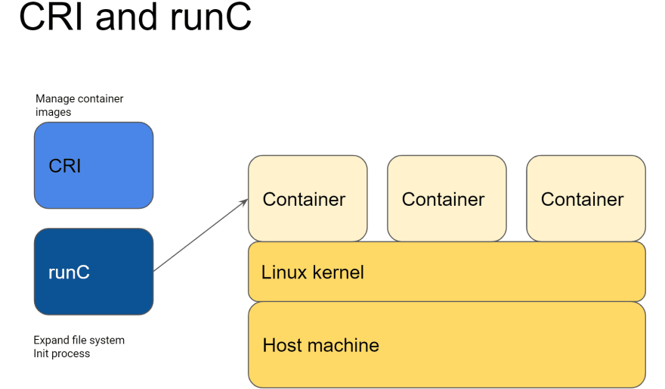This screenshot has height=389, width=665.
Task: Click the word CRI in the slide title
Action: tap(51, 16)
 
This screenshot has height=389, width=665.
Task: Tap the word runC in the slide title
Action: tap(211, 17)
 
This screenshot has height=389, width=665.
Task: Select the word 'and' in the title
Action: tap(126, 16)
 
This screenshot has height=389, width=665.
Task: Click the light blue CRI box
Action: tap(94, 165)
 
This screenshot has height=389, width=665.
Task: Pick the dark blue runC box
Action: tap(94, 272)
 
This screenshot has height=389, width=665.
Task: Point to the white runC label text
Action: tap(69, 272)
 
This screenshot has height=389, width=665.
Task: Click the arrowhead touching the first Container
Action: tap(245, 202)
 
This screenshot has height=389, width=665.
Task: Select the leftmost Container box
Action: tap(308, 198)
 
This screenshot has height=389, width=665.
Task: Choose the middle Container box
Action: tap(447, 198)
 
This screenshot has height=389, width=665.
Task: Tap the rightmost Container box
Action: tap(586, 198)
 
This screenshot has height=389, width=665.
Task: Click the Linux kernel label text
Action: tap(313, 272)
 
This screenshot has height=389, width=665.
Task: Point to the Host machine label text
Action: tap(320, 345)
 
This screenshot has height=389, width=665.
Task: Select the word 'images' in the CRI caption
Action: tap(53, 112)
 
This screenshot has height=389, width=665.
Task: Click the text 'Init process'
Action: tap(62, 353)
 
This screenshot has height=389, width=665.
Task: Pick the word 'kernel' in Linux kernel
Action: tap(339, 272)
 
